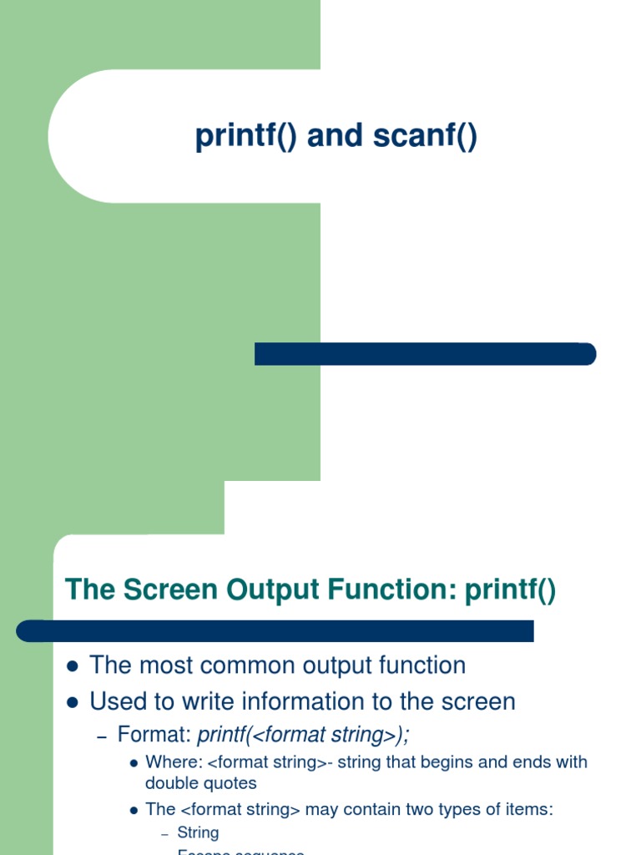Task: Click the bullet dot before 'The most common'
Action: click(72, 666)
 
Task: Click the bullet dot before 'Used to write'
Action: click(72, 702)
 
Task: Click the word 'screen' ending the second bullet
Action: click(478, 701)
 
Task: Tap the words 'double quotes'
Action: click(200, 783)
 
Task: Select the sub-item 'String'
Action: click(198, 832)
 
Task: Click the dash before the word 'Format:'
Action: click(103, 736)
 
